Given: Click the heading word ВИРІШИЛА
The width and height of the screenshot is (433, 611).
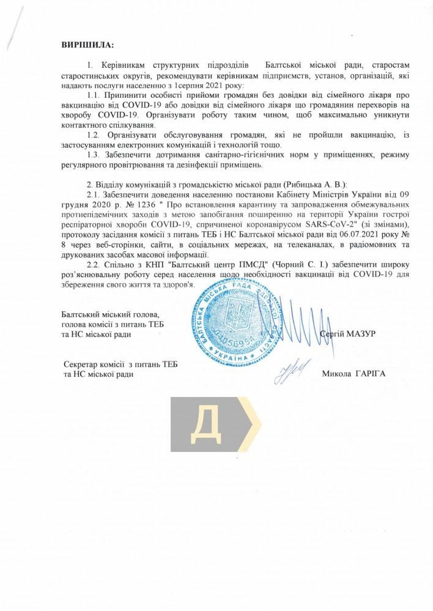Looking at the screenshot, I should tap(87, 45).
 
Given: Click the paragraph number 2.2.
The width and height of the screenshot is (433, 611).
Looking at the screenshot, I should tap(94, 264).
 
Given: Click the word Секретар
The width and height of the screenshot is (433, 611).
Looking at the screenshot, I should tap(83, 365).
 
